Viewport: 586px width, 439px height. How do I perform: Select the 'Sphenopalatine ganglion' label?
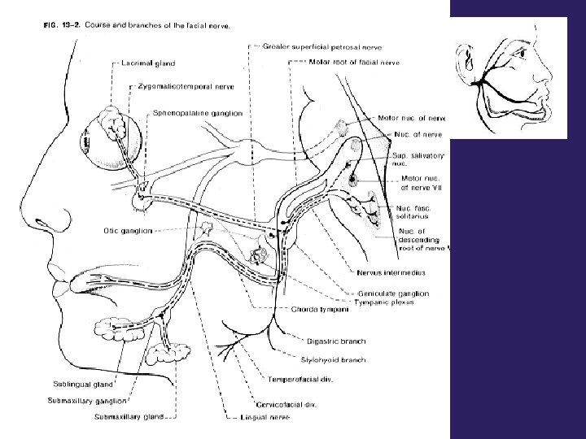(198, 113)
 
